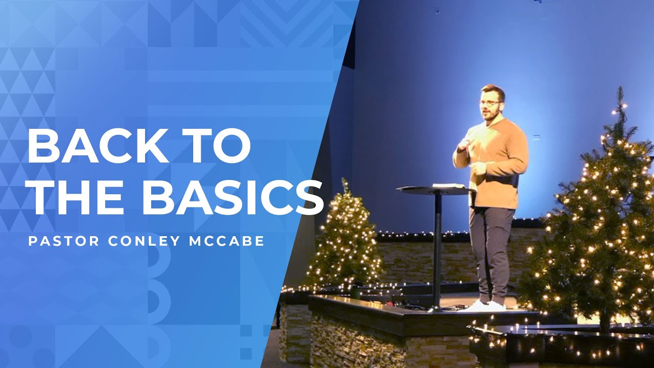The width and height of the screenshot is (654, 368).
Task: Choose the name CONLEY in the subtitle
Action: [135, 241]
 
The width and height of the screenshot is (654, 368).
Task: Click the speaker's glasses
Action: [489, 103]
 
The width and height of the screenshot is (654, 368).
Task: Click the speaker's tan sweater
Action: [498, 164]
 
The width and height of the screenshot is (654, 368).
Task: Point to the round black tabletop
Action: [434, 191]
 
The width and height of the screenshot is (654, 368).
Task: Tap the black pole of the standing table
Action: [437, 245]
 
